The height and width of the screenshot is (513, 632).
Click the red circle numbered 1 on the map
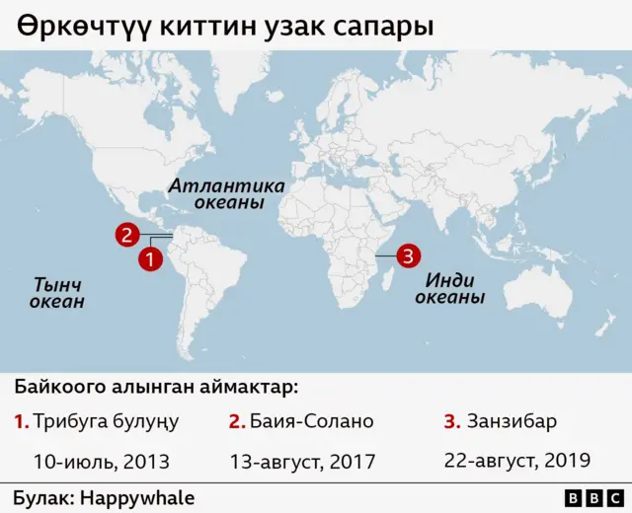[150, 260]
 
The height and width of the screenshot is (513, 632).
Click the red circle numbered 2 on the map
[126, 235]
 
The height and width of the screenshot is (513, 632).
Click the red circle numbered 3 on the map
[409, 256]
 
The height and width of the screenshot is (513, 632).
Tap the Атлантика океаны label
[226, 194]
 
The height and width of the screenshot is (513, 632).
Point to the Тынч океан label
[56, 293]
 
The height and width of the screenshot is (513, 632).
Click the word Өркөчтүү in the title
[74, 27]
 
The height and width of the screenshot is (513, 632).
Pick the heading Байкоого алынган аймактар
[156, 386]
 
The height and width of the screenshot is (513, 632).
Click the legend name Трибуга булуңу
[106, 421]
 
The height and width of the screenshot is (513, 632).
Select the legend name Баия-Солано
[312, 421]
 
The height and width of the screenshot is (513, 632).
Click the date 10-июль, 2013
[102, 461]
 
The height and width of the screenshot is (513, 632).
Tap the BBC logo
[592, 498]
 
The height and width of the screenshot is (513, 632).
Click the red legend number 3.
[451, 421]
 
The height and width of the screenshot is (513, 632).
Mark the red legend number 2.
[236, 421]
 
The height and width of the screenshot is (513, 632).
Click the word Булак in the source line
[41, 498]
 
